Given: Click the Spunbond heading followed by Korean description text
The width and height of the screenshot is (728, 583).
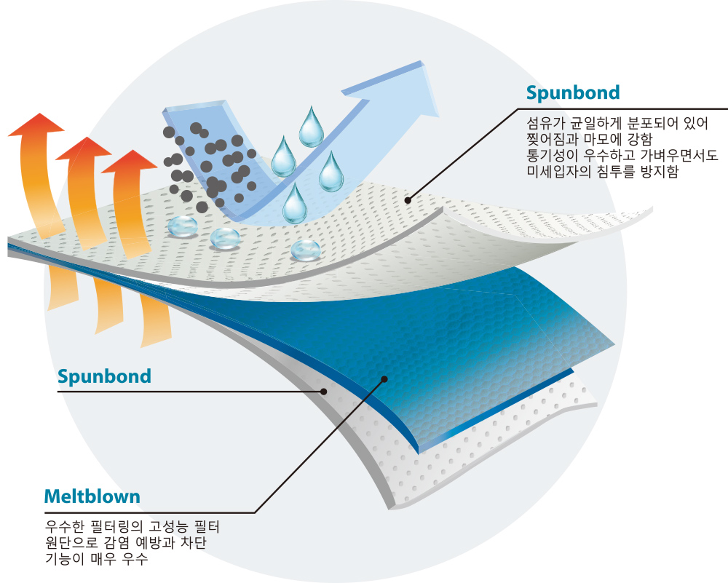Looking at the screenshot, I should (573, 93).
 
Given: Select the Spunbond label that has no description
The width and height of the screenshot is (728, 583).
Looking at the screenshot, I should (104, 376).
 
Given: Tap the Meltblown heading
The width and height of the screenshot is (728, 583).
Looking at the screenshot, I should (92, 497).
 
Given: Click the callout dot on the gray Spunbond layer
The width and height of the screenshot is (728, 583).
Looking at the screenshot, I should (323, 392).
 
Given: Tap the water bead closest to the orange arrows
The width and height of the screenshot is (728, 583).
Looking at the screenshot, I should (181, 226).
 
